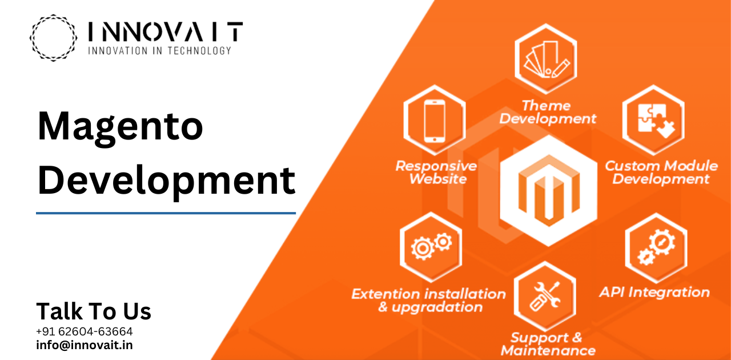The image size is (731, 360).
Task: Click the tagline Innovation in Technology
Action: (159, 51)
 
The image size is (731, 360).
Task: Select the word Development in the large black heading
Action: (166, 181)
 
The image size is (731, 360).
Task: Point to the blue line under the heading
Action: (166, 213)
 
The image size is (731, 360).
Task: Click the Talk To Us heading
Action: (94, 311)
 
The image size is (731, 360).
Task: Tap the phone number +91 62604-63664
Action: (84, 331)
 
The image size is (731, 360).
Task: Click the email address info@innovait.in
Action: (85, 345)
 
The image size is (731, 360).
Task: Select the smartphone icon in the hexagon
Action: (435, 121)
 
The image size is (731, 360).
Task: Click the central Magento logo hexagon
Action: (549, 191)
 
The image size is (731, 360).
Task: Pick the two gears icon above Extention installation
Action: (431, 246)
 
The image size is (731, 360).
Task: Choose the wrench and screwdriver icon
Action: (545, 296)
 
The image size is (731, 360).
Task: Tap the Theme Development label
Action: (548, 112)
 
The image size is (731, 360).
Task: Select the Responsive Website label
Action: (436, 173)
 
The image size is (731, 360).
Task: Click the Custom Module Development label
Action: (661, 173)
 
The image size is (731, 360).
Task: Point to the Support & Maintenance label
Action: (548, 344)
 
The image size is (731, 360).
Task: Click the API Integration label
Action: (654, 292)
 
